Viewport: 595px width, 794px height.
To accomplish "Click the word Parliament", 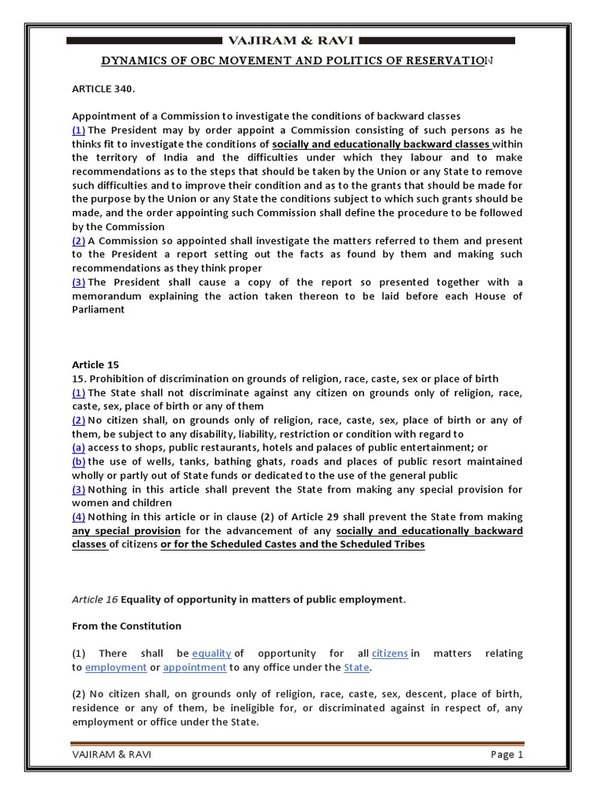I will click(x=98, y=309).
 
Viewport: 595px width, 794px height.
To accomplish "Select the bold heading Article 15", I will click(x=95, y=364).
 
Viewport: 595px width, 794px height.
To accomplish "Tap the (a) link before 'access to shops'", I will click(x=78, y=447).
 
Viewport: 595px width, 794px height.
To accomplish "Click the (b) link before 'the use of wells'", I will click(x=78, y=461).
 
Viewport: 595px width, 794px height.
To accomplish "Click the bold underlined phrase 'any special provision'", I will click(x=126, y=531).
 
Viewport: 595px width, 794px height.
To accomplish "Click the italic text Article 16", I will click(x=92, y=599).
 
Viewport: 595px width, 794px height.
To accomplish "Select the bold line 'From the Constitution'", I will click(x=126, y=627).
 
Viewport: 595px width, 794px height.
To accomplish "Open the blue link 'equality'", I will click(x=212, y=654).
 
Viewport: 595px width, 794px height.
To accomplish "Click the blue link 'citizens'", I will click(x=390, y=654).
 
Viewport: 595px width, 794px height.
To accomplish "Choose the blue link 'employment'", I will click(x=115, y=668).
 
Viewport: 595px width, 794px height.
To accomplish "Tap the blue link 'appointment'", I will click(x=194, y=668).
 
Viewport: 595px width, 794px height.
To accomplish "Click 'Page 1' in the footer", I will click(x=507, y=754).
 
